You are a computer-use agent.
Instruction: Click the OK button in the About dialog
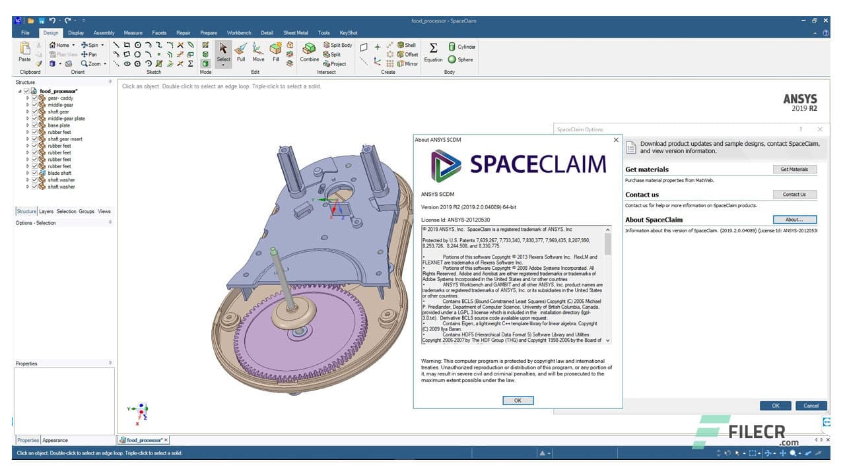[518, 400]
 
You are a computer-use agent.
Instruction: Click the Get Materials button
[794, 170]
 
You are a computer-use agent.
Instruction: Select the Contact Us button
[794, 195]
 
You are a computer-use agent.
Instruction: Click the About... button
[794, 220]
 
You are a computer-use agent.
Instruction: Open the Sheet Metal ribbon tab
[295, 32]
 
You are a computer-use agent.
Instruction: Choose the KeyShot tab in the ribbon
[349, 32]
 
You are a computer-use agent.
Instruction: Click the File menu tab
[25, 32]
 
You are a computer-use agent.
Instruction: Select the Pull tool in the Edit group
[241, 51]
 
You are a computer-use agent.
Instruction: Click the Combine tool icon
[309, 51]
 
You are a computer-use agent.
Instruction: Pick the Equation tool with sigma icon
[433, 51]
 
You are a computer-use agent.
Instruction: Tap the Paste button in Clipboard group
[24, 51]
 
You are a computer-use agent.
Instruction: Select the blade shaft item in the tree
[59, 173]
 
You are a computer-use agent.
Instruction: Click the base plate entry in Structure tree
[59, 125]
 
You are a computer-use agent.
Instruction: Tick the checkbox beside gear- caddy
[35, 98]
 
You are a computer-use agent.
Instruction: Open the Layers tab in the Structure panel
[46, 212]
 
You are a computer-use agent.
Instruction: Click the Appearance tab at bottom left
[55, 440]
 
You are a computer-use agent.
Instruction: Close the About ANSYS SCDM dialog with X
[616, 140]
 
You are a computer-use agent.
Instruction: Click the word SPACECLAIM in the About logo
[537, 164]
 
